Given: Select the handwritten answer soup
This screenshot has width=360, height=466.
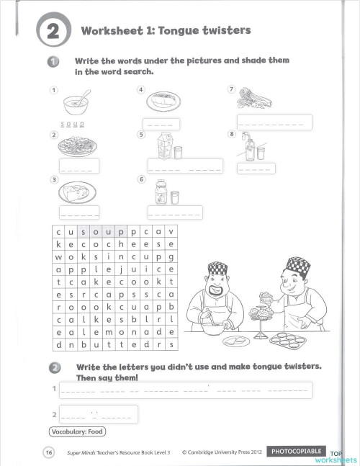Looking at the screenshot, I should [x=73, y=123].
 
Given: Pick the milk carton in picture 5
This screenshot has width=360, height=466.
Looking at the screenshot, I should [x=162, y=148].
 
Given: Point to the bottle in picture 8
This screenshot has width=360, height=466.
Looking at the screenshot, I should [x=248, y=148].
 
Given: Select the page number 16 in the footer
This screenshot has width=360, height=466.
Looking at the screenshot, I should [x=48, y=452].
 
